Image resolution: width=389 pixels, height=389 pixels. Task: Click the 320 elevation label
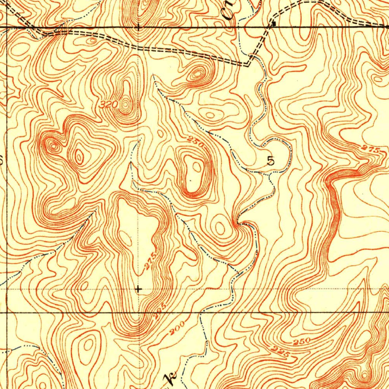pos(110,104)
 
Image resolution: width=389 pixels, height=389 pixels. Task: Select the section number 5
pos(270,161)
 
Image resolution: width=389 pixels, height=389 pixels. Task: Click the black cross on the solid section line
pos(138,27)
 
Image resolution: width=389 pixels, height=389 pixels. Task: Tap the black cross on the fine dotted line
pos(138,289)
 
